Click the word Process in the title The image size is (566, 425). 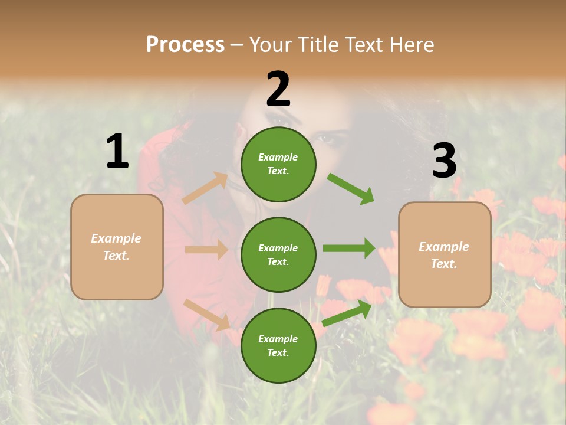tap(185, 44)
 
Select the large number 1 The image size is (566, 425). tap(117, 152)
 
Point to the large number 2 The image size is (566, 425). tap(278, 89)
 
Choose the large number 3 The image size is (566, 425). tap(444, 161)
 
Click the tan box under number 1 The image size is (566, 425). tap(117, 247)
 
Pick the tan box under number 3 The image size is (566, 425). tap(445, 254)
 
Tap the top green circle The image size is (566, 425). tap(278, 164)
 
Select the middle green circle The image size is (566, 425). tap(278, 254)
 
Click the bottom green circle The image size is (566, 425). tap(278, 345)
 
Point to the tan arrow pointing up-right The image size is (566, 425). tap(205, 188)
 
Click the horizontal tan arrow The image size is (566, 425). tap(206, 250)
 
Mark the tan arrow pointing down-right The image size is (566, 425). tap(207, 315)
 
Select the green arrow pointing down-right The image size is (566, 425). tap(351, 189)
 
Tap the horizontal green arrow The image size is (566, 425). tap(349, 248)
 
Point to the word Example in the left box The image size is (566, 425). tap(116, 238)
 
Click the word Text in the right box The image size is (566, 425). tap(443, 264)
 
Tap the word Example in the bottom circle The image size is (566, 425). tap(278, 339)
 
